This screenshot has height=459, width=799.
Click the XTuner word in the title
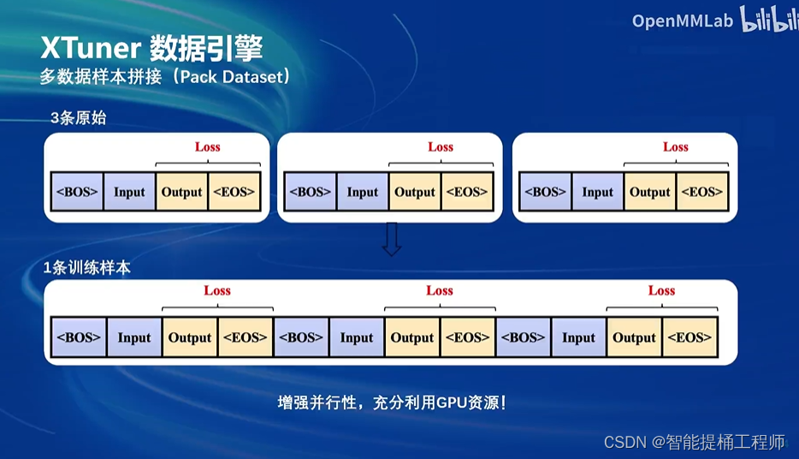[89, 49]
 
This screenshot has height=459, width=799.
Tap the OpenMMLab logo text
[682, 21]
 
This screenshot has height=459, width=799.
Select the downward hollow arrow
[392, 240]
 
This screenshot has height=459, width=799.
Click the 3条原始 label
[78, 118]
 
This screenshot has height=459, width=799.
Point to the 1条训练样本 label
[87, 268]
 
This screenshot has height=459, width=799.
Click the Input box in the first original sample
[129, 192]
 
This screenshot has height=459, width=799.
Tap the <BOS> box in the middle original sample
[311, 192]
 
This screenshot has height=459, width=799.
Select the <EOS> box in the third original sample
[701, 192]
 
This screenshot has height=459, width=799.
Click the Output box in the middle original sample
[415, 192]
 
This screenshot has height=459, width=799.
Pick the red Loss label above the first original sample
[207, 146]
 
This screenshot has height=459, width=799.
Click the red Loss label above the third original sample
[675, 146]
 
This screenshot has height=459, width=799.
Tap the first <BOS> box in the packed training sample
[79, 337]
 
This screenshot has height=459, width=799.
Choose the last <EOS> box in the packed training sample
[690, 337]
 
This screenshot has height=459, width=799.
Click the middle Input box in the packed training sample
[356, 337]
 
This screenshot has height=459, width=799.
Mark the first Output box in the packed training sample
[190, 337]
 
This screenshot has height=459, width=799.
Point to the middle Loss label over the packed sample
[440, 290]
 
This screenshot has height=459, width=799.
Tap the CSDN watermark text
[624, 442]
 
